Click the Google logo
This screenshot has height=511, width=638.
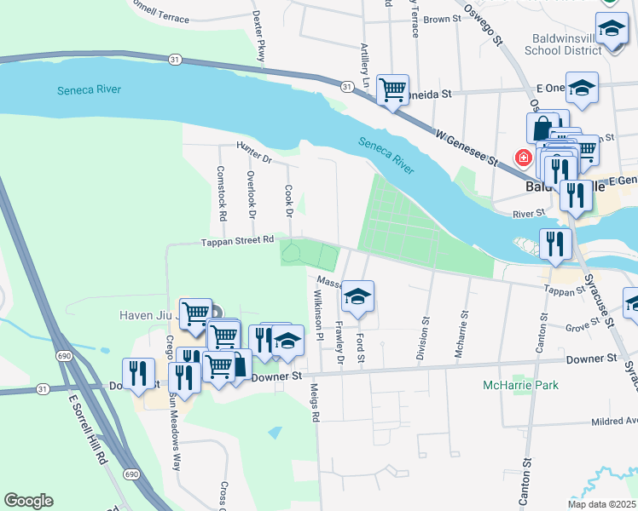pyautogui.click(x=28, y=501)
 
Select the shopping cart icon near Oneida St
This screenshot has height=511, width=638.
pyautogui.click(x=392, y=89)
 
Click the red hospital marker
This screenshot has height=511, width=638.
pyautogui.click(x=521, y=158)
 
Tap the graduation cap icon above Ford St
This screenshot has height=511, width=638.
pyautogui.click(x=357, y=297)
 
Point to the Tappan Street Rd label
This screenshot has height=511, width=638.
pyautogui.click(x=237, y=241)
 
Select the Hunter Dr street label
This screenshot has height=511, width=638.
pyautogui.click(x=253, y=153)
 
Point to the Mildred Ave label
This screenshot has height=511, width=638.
pyautogui.click(x=606, y=421)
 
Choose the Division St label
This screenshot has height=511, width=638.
pyautogui.click(x=423, y=339)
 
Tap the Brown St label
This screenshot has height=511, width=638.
pyautogui.click(x=442, y=19)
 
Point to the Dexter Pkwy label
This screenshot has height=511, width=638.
pyautogui.click(x=258, y=35)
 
